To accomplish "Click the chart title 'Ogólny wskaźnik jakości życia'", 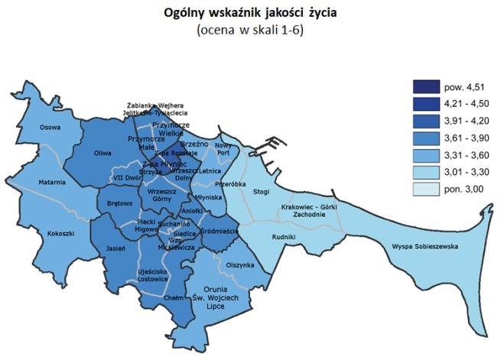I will pyautogui.click(x=250, y=13).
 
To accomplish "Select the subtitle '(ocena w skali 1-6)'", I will pyautogui.click(x=250, y=31).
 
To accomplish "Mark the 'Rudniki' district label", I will pyautogui.click(x=283, y=237).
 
